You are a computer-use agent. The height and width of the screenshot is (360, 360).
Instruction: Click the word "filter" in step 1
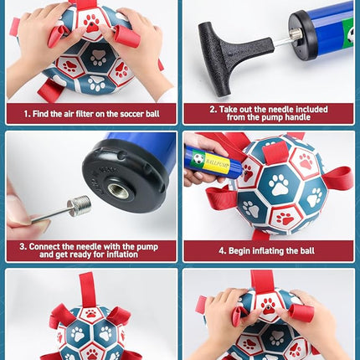coord(85,114)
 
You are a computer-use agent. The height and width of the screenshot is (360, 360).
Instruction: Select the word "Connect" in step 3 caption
coord(44,246)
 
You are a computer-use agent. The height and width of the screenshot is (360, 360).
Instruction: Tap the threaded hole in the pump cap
coord(119,191)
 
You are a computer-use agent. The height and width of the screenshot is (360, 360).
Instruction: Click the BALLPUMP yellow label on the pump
coord(217,162)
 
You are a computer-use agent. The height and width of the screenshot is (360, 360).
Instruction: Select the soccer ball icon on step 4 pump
coord(198,158)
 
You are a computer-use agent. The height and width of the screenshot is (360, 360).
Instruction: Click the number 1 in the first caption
coord(26,114)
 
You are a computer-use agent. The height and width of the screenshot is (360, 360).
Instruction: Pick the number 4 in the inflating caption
coord(222,250)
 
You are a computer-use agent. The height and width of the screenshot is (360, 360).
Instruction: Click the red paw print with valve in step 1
coord(91,23)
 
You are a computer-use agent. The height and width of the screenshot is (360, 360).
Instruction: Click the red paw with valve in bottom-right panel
coord(269,306)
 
